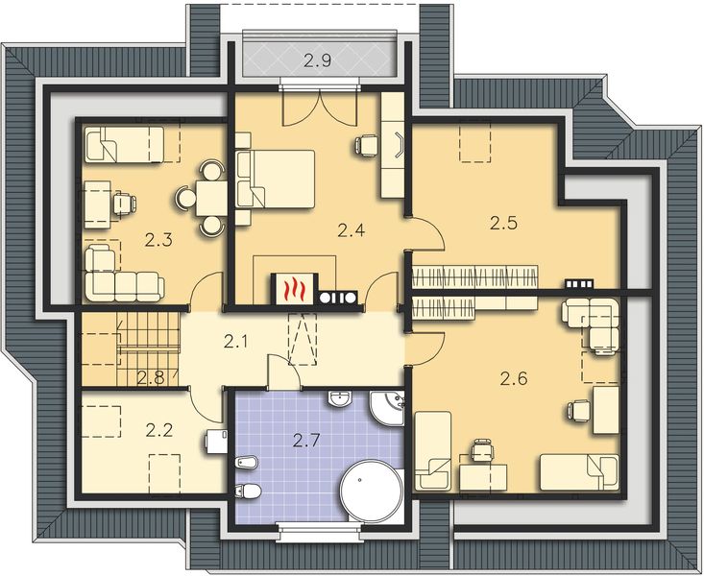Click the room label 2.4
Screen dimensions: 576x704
pos(352,229)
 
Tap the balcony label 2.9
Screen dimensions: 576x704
pos(318,61)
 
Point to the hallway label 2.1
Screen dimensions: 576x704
pos(239,341)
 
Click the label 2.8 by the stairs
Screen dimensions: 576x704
pos(149,377)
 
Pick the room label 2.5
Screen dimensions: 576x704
pos(503,225)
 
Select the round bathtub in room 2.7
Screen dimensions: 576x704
pos(374,490)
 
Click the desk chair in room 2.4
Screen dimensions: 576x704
pos(366,145)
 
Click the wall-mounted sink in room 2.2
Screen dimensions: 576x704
pos(216,442)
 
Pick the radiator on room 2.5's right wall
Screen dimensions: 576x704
pos(578,284)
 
